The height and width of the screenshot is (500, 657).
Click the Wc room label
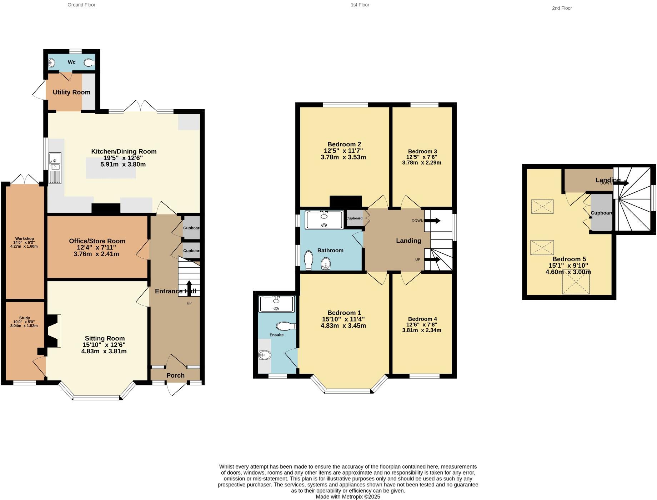pos(71,62)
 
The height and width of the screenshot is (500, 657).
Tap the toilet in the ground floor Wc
pos(90,63)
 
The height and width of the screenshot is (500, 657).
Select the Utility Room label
pos(71,92)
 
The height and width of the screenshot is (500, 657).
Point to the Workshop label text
pos(24,239)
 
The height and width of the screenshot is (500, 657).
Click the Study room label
pos(25,318)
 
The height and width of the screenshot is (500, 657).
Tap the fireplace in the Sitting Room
pos(53,330)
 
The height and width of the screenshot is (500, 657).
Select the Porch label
pos(175,375)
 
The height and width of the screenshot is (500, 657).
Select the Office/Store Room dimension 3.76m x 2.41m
pos(96,254)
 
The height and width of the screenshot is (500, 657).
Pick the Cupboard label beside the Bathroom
pos(355,218)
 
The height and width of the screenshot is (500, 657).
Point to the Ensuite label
pos(276,335)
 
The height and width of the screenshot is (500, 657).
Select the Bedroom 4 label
pos(422,319)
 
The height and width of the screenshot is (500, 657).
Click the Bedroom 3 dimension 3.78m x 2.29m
pos(422,163)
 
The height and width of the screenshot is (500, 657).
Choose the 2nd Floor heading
pos(562,8)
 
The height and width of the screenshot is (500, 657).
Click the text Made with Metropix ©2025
pos(348,496)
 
